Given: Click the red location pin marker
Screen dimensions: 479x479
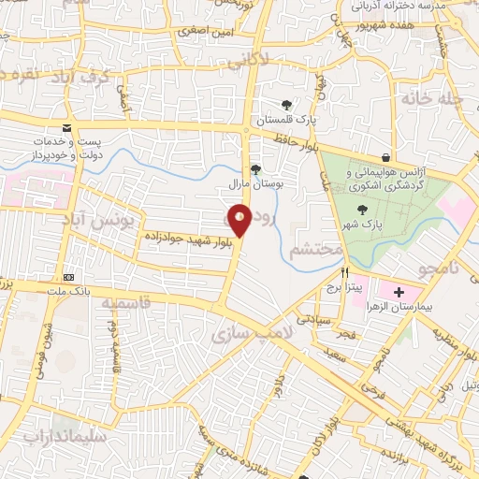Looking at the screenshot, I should pyautogui.click(x=239, y=219).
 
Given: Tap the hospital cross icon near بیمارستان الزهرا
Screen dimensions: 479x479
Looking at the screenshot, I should pyautogui.click(x=399, y=293).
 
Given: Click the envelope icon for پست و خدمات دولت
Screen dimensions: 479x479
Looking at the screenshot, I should pyautogui.click(x=65, y=127).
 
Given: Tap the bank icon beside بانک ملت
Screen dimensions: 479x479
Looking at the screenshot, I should pyautogui.click(x=69, y=277).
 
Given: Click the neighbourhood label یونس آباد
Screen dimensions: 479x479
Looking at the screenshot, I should pyautogui.click(x=109, y=221).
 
